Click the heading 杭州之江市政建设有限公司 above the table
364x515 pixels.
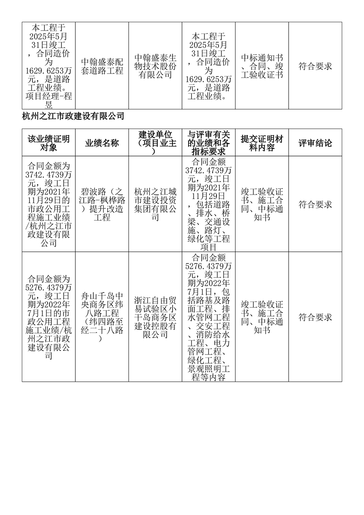point(73,116)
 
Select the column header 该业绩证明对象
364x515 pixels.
point(48,143)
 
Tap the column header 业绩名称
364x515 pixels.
point(102,143)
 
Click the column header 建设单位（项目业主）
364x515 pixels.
point(155,143)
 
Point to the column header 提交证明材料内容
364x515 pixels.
point(262,143)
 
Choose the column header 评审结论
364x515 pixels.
point(315,143)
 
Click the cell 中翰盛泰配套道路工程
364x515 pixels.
point(102,66)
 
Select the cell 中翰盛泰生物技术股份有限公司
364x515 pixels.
point(155,66)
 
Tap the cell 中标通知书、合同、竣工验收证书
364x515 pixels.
point(262,66)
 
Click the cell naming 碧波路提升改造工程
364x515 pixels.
point(102,205)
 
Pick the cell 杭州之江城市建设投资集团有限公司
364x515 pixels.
point(155,205)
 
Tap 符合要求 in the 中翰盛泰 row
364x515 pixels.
point(315,66)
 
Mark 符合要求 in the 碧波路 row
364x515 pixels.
point(315,205)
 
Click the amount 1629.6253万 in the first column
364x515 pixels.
point(48,71)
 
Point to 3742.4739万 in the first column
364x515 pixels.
point(48,175)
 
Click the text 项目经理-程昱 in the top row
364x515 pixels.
point(48,100)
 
